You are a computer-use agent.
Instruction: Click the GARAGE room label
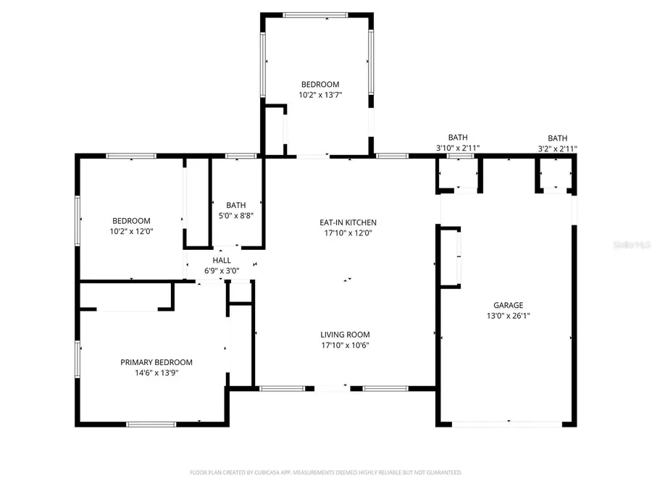[508, 306]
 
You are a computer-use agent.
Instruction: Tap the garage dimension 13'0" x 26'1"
[508, 316]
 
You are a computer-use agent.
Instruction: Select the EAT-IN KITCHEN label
[348, 222]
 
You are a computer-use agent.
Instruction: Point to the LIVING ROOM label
[345, 335]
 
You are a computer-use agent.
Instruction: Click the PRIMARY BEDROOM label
[156, 362]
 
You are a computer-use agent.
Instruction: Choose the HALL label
[222, 261]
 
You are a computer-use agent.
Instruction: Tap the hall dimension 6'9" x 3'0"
[222, 272]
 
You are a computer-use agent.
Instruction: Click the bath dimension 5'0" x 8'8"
[236, 215]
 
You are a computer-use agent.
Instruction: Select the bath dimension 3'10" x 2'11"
[458, 149]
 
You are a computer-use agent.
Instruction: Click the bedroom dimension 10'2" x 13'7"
[320, 95]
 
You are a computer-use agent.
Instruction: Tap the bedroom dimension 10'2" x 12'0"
[131, 232]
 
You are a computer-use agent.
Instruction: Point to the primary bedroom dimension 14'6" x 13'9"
[156, 373]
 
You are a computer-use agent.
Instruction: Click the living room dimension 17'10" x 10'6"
[345, 346]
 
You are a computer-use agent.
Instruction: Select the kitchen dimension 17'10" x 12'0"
[348, 233]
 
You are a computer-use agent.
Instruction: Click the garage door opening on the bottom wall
[509, 423]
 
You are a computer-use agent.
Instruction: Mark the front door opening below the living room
[333, 389]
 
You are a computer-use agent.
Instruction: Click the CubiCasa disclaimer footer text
[326, 472]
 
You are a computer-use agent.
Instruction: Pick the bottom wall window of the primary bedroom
[151, 424]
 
